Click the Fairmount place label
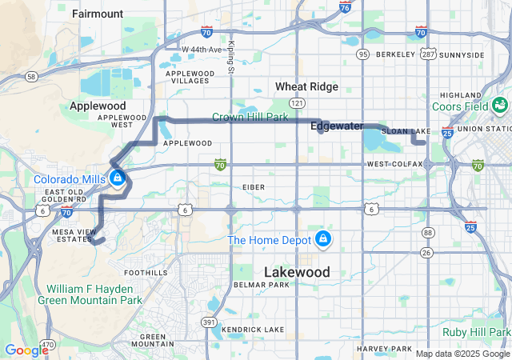click(98, 14)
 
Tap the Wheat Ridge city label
click(306, 86)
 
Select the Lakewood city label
click(296, 272)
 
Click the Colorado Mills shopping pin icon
click(118, 178)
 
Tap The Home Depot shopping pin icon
click(322, 238)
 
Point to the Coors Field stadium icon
click(500, 106)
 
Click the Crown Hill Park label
click(250, 117)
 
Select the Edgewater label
click(337, 126)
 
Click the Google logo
click(26, 350)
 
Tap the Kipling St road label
click(231, 57)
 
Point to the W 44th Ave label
click(201, 50)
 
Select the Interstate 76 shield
click(344, 8)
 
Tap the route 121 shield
click(298, 104)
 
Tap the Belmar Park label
click(261, 285)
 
